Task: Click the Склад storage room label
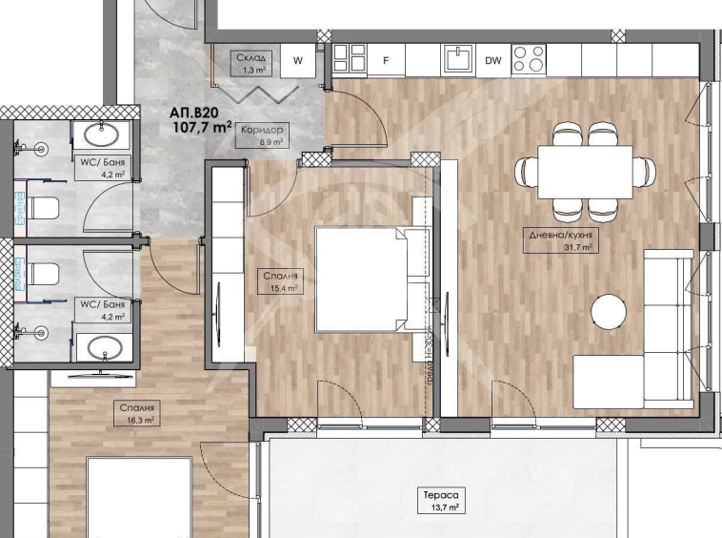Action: [x=252, y=57]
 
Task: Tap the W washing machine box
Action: [x=298, y=61]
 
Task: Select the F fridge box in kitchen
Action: [x=387, y=61]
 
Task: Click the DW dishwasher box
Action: [x=492, y=61]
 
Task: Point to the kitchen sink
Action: [x=457, y=58]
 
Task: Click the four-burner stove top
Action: [x=530, y=59]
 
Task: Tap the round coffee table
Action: [x=610, y=310]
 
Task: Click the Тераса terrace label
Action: [x=442, y=496]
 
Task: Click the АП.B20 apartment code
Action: [x=194, y=111]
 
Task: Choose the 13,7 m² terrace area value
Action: [x=442, y=509]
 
